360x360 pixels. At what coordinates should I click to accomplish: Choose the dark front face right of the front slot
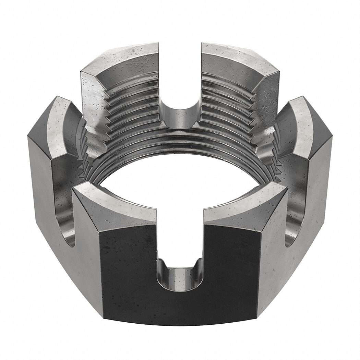coord(233,267)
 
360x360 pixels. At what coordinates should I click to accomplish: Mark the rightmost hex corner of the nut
coord(332,137)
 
